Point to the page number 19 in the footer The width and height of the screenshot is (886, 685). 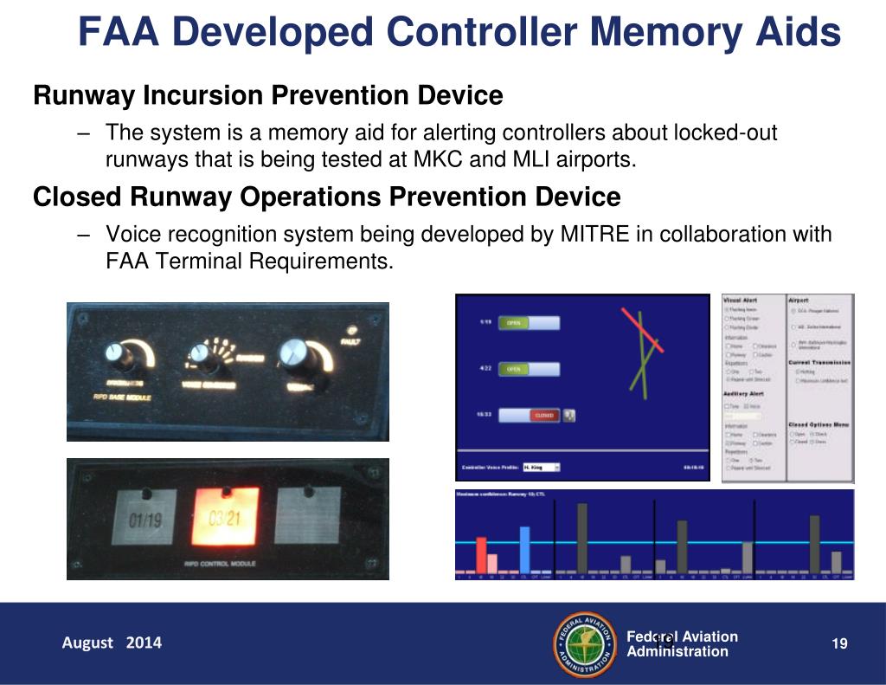[838, 643]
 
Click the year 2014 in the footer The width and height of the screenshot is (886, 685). [144, 643]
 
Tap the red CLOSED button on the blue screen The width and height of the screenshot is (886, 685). [543, 416]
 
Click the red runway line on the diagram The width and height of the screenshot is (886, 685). [642, 330]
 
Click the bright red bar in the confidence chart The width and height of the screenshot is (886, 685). [482, 554]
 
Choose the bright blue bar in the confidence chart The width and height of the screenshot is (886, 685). [525, 549]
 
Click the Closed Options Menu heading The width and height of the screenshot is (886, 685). [819, 424]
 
